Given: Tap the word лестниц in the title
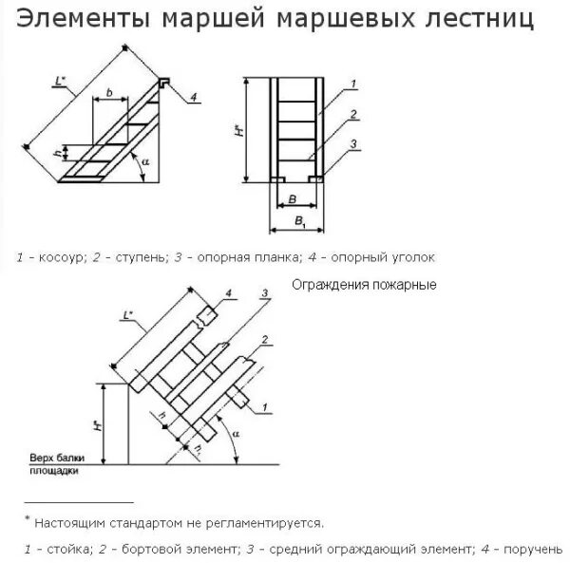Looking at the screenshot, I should click(x=481, y=19).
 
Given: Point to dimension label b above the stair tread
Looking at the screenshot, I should click(x=110, y=92).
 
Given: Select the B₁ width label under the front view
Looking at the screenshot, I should click(x=300, y=222).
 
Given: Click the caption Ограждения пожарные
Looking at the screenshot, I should click(x=364, y=285).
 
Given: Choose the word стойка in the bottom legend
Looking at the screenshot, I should click(x=61, y=548).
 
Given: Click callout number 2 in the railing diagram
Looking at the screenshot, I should click(x=266, y=339).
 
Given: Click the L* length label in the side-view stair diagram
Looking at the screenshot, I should click(x=60, y=85).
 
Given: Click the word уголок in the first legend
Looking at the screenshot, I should click(x=416, y=257).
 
